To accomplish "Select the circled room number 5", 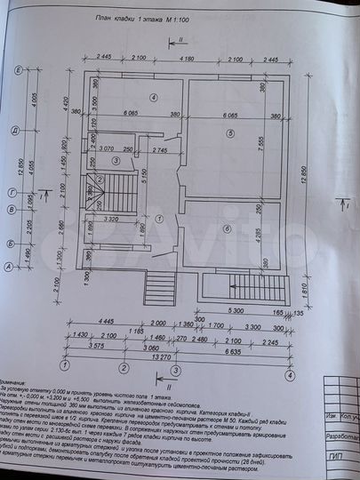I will coord(229,133).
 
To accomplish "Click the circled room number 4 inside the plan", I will coord(153,97).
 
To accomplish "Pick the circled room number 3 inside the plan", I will coord(116,160).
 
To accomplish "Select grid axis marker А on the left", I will coord(9,266).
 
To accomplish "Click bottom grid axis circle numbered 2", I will coord(120,366).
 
